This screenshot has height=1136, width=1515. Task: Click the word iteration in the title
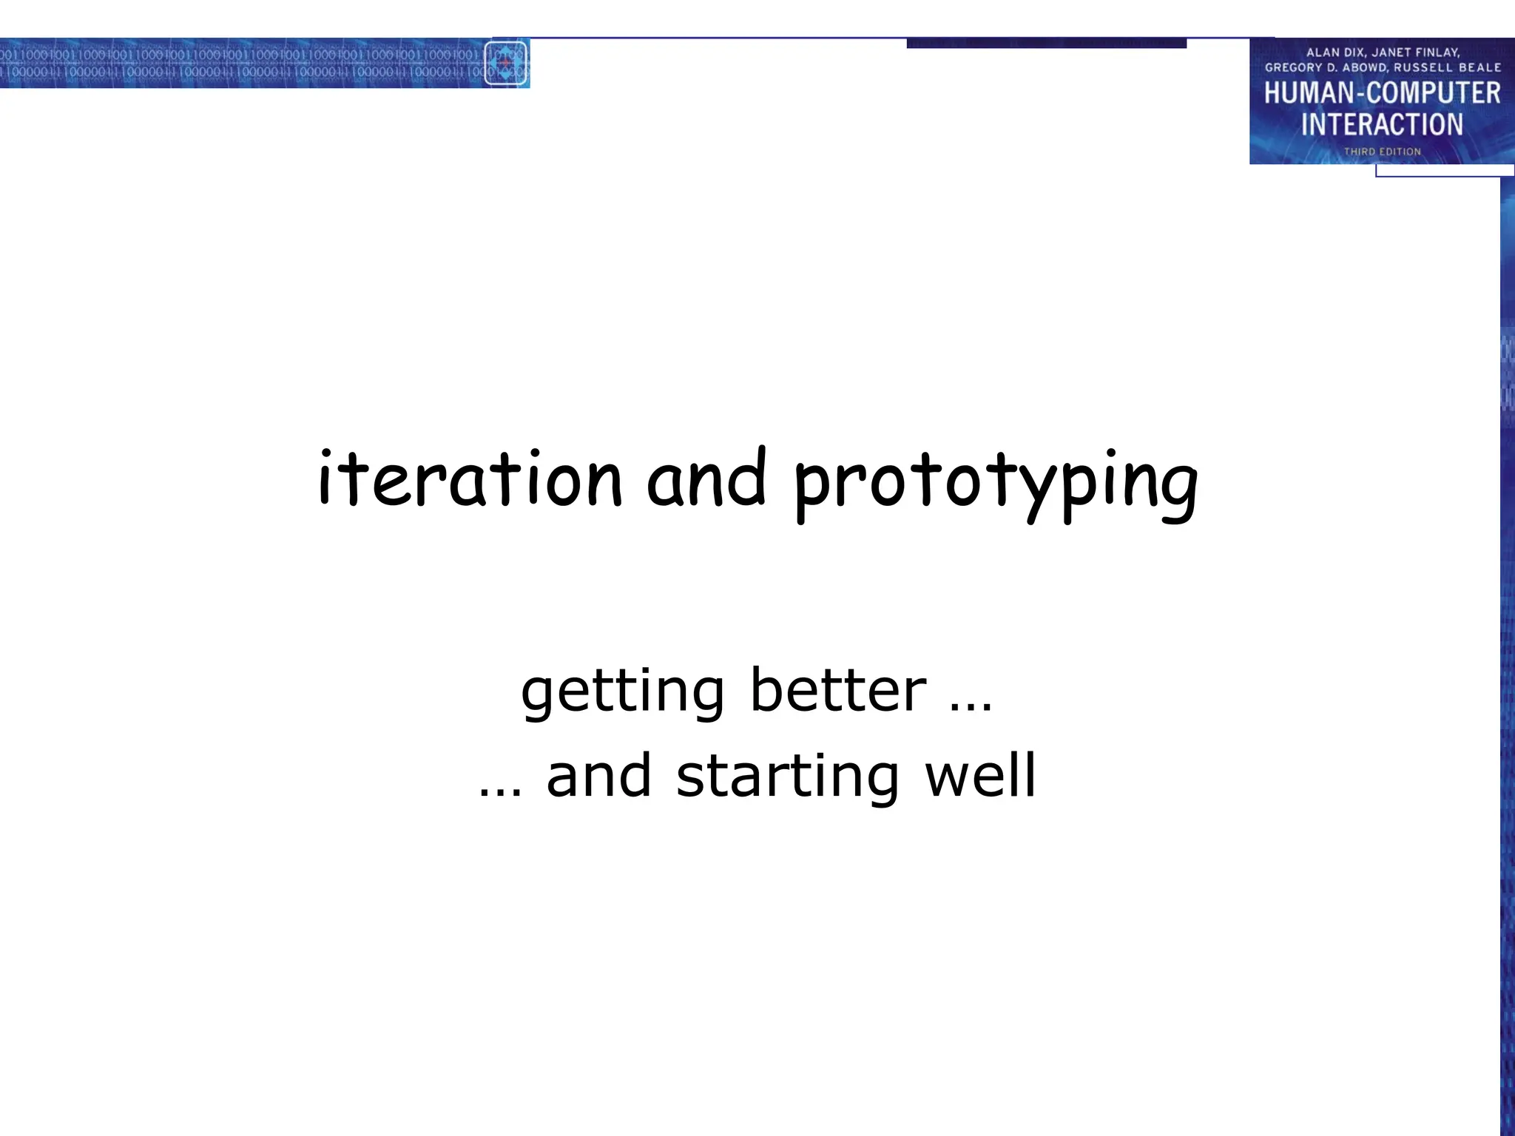(470, 479)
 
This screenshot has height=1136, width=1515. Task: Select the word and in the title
(706, 479)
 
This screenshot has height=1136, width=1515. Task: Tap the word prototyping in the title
(995, 482)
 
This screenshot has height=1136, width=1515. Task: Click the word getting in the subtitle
(622, 692)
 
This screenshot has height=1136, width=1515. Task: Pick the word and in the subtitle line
(598, 777)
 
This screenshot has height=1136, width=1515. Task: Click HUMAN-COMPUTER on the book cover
(1382, 93)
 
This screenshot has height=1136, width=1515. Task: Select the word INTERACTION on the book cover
(1382, 124)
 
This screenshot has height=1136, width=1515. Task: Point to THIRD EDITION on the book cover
(1382, 152)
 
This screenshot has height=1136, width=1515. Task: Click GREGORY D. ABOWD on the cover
(1326, 67)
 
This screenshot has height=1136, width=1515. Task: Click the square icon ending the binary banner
(506, 63)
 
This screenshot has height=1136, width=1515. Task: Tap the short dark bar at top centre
(1046, 44)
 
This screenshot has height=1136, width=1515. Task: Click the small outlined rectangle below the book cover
(1444, 171)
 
